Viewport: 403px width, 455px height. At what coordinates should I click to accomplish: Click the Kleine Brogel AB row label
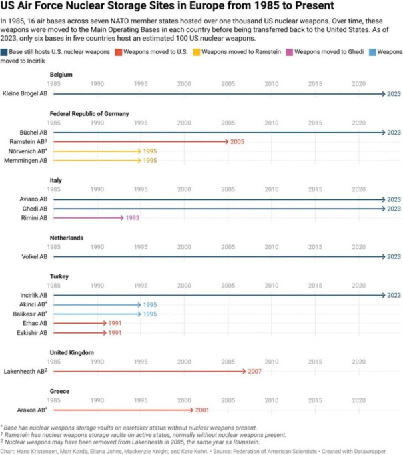pyautogui.click(x=25, y=94)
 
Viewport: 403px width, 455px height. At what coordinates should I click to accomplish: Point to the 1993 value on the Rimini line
pyautogui.click(x=132, y=218)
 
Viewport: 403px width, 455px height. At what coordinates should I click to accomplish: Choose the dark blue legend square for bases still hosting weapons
pyautogui.click(x=4, y=51)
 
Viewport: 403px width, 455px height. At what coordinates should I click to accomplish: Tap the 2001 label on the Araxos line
pyautogui.click(x=202, y=410)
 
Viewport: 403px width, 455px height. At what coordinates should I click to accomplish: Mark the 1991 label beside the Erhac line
pyautogui.click(x=115, y=323)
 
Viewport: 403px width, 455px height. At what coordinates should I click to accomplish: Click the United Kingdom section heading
pyautogui.click(x=71, y=352)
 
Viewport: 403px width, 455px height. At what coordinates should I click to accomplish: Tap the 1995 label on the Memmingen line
pyautogui.click(x=149, y=161)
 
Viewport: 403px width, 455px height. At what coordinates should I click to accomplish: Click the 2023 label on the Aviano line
pyautogui.click(x=393, y=199)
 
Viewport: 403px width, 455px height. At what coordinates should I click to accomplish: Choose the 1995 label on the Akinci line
pyautogui.click(x=149, y=304)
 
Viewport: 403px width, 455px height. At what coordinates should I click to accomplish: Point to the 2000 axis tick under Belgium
pyautogui.click(x=185, y=84)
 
